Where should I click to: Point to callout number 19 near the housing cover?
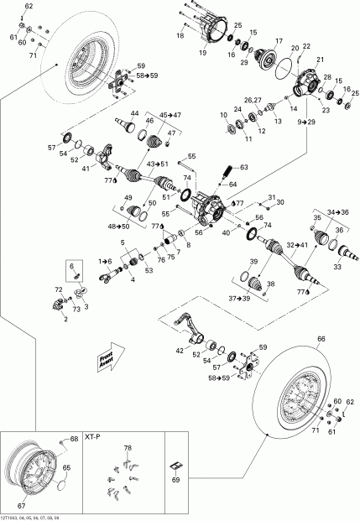click(x=202, y=52)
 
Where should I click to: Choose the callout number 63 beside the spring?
click(x=244, y=168)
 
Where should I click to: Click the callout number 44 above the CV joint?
click(x=134, y=112)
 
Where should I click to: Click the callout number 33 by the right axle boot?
click(x=337, y=267)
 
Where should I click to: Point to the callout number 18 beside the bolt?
click(x=180, y=36)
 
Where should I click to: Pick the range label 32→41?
click(x=299, y=246)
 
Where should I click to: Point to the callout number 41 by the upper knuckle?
click(x=85, y=169)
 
